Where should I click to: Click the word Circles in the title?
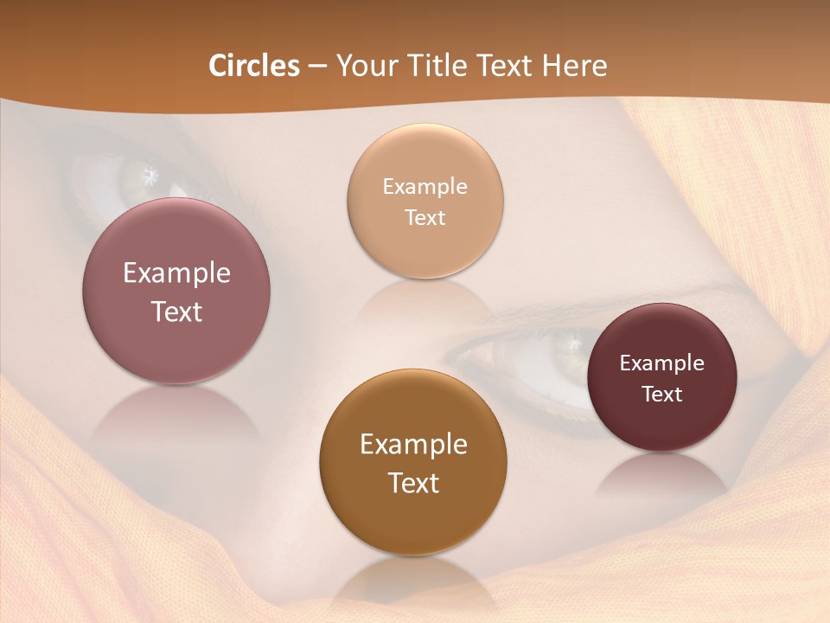tap(254, 66)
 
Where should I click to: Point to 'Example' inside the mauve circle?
tap(176, 273)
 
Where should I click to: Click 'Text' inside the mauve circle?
tap(176, 311)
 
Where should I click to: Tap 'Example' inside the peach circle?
tap(425, 187)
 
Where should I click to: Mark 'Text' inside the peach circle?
tap(425, 218)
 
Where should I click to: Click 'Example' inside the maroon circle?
tap(662, 363)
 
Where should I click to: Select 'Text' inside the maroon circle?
tap(662, 395)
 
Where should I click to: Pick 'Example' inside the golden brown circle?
tap(413, 445)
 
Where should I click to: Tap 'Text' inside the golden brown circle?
tap(413, 483)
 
